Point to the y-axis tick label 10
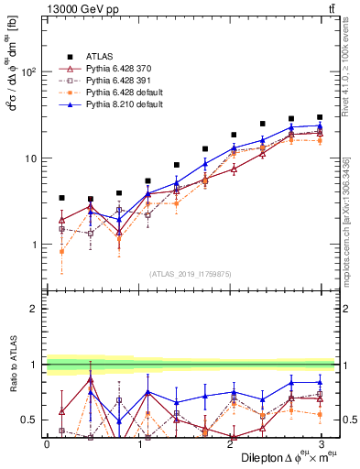(x=32, y=158)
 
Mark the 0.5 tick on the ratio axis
(x=31, y=420)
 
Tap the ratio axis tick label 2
(x=36, y=309)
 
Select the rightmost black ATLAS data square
(x=319, y=117)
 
